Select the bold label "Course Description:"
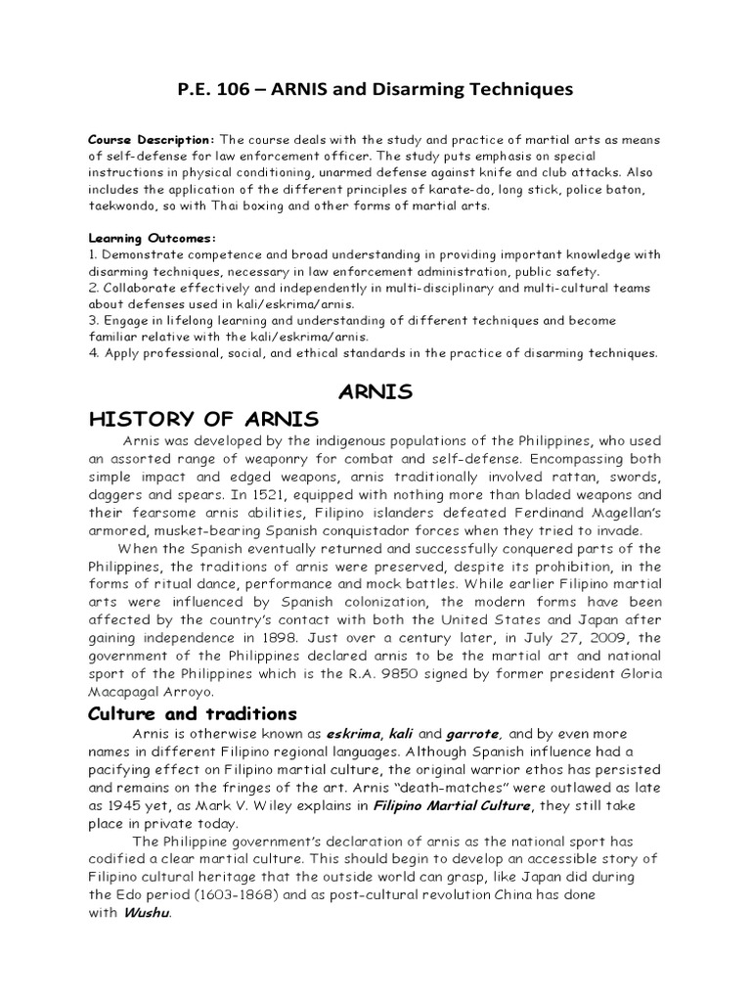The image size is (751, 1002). (x=151, y=138)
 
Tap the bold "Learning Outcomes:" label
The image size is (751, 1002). (x=152, y=238)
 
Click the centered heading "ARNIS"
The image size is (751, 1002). (x=375, y=392)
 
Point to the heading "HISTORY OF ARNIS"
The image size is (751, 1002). (x=203, y=420)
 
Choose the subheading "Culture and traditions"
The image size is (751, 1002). (x=193, y=713)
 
